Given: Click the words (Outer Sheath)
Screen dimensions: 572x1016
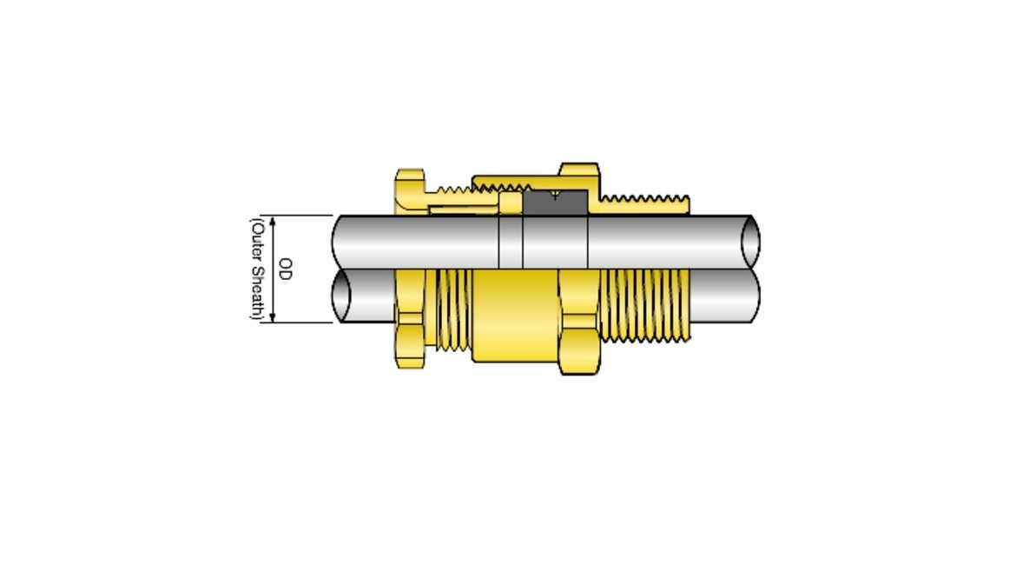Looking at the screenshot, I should point(257,269).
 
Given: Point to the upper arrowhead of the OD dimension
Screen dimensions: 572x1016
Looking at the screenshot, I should point(274,221).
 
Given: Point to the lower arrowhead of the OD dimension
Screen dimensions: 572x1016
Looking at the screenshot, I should point(274,317).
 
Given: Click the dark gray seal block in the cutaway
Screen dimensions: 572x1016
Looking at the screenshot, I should point(556,203).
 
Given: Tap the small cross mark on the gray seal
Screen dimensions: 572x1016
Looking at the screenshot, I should point(555,196).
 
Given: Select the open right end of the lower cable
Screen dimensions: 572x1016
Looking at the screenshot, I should point(752,296).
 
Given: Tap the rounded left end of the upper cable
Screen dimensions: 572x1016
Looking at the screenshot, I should point(339,242).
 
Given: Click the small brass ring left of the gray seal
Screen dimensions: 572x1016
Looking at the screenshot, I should point(510,203).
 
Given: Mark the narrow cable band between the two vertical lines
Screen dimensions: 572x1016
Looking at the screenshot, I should point(511,242).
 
